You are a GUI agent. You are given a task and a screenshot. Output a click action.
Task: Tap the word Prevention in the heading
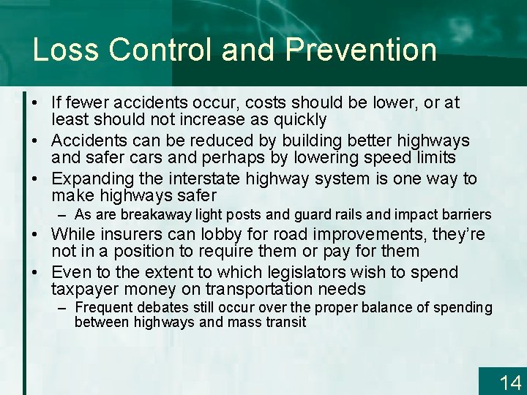362,50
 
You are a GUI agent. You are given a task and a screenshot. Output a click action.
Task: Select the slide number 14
509,382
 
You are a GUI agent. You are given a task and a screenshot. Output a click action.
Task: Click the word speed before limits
386,157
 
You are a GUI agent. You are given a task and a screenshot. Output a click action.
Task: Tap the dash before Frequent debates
64,307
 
